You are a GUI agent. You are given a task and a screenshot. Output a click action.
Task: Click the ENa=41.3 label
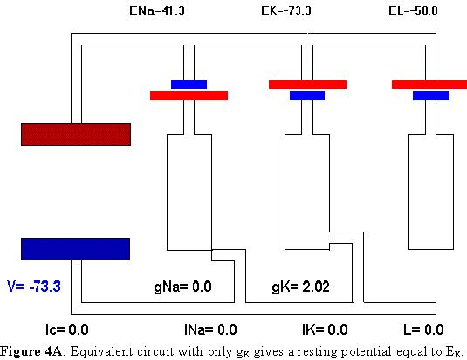pyautogui.click(x=157, y=10)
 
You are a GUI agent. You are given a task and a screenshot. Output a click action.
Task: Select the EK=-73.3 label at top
pyautogui.click(x=286, y=10)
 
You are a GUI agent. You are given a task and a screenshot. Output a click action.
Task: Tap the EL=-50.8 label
pyautogui.click(x=413, y=10)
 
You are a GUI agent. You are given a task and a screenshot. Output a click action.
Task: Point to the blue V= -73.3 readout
pyautogui.click(x=34, y=286)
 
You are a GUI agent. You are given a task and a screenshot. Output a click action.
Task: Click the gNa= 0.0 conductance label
pyautogui.click(x=182, y=287)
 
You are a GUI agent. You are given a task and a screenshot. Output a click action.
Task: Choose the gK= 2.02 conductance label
pyautogui.click(x=301, y=287)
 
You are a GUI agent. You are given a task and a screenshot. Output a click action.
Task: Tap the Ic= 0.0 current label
pyautogui.click(x=67, y=329)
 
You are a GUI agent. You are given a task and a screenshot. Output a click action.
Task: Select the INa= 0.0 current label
pyautogui.click(x=210, y=329)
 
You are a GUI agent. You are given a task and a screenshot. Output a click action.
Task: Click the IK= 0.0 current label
pyautogui.click(x=325, y=329)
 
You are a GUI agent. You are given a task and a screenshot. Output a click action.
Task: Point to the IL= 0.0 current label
pyautogui.click(x=422, y=329)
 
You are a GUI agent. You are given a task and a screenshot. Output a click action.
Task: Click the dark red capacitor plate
pyautogui.click(x=76, y=135)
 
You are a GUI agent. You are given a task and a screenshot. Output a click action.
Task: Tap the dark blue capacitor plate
pyautogui.click(x=76, y=249)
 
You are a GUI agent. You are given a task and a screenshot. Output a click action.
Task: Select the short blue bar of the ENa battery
pyautogui.click(x=189, y=85)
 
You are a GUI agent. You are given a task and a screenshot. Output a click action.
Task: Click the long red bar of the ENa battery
pyautogui.click(x=189, y=95)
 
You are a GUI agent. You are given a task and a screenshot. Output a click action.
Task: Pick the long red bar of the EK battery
pyautogui.click(x=307, y=85)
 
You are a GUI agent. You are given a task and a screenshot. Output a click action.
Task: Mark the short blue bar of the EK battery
pyautogui.click(x=307, y=95)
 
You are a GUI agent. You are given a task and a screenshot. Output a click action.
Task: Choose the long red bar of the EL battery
pyautogui.click(x=429, y=85)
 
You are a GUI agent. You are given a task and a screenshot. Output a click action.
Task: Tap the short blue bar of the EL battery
pyautogui.click(x=430, y=95)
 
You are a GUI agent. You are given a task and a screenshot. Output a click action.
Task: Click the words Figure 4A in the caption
pyautogui.click(x=31, y=351)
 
